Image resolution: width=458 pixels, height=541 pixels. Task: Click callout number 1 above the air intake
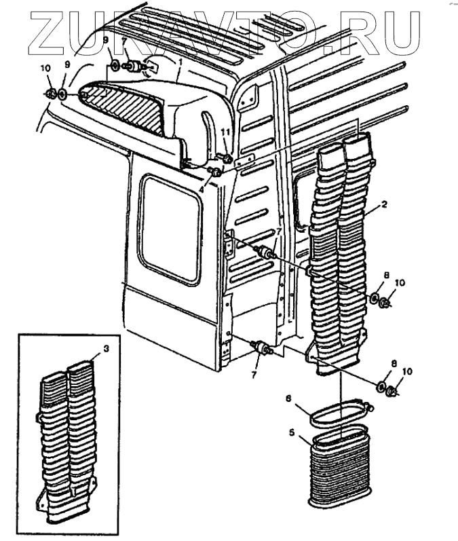click(x=180, y=62)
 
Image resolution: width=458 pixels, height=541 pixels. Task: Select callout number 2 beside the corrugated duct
click(x=384, y=204)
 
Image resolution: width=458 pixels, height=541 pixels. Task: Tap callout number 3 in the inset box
click(x=107, y=349)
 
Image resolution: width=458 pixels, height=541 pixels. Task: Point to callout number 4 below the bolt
click(x=202, y=189)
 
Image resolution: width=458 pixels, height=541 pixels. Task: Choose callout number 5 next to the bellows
click(x=292, y=432)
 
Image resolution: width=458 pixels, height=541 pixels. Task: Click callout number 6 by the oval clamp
click(x=288, y=398)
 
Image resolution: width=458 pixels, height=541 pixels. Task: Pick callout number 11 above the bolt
click(x=225, y=132)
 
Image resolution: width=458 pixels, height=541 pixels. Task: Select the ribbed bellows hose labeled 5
click(x=340, y=466)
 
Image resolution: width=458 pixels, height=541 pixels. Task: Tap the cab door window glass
click(x=170, y=229)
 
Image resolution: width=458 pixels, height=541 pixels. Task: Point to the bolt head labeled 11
click(x=226, y=159)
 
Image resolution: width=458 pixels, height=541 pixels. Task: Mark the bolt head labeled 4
click(x=216, y=172)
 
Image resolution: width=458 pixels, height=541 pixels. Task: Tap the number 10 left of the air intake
click(x=45, y=69)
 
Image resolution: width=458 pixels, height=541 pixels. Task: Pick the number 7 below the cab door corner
click(x=254, y=375)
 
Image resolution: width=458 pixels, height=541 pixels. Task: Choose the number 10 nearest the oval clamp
click(x=407, y=371)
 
